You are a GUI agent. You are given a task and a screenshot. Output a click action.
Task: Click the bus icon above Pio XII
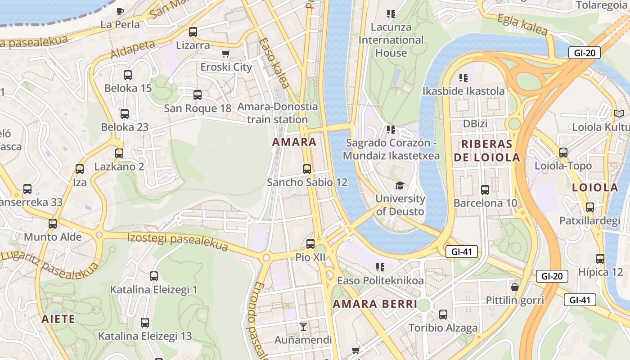(310, 244)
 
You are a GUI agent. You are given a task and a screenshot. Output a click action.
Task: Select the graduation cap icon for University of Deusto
(400, 185)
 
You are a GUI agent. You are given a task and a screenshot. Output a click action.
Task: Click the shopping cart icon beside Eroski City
(226, 54)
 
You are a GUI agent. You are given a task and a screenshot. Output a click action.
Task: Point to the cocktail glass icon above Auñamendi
(303, 326)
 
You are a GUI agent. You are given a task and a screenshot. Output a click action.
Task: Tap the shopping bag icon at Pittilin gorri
(515, 287)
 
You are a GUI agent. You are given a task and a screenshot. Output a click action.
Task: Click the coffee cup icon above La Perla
(120, 11)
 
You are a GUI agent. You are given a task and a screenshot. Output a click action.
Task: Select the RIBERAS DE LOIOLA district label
(487, 151)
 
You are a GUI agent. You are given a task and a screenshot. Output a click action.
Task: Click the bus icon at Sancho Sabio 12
(307, 169)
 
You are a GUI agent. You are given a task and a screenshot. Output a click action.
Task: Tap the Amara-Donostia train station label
(277, 113)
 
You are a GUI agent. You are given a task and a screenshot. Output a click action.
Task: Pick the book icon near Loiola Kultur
(619, 113)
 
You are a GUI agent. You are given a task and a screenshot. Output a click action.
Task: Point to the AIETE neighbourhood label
(58, 319)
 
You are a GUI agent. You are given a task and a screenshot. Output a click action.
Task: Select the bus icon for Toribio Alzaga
(443, 315)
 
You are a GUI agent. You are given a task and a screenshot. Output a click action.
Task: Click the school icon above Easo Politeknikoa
(380, 267)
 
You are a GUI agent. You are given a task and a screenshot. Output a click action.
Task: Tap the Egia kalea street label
(522, 25)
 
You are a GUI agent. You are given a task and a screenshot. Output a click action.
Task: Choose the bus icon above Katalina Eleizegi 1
(154, 276)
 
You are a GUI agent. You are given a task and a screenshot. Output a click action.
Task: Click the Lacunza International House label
(391, 40)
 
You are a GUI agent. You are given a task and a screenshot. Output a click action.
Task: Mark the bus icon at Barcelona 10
(485, 190)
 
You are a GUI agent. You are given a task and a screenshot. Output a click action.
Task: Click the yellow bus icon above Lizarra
(193, 32)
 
